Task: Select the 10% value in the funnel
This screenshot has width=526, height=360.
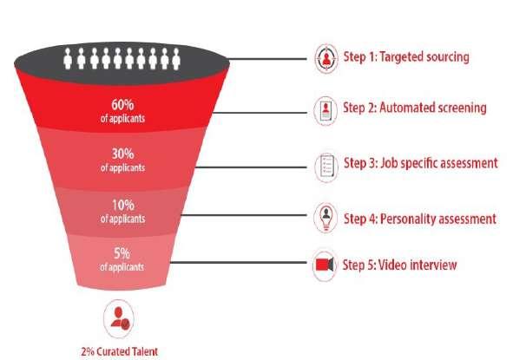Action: click(122, 206)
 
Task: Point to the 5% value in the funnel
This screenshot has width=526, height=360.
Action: click(122, 254)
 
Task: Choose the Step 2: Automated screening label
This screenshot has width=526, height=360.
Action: click(414, 108)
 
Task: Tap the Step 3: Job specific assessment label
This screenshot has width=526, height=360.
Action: click(420, 162)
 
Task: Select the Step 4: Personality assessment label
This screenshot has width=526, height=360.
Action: click(420, 218)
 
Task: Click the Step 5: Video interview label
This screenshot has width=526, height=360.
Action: click(399, 265)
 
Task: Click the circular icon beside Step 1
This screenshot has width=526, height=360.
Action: click(325, 58)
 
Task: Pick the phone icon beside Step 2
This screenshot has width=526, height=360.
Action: click(325, 110)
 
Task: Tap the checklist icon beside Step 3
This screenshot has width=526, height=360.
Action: click(325, 165)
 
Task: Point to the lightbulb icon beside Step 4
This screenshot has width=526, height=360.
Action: click(325, 218)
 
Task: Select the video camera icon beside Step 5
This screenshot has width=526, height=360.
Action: click(325, 265)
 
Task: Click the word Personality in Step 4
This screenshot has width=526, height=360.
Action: click(411, 218)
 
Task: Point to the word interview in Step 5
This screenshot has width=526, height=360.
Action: click(431, 265)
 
